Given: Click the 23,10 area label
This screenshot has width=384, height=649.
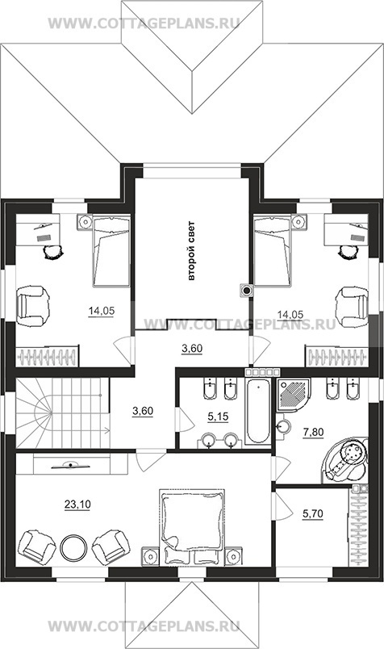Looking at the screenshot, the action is (x=77, y=505).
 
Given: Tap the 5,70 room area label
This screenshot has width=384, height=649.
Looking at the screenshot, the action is (x=313, y=513).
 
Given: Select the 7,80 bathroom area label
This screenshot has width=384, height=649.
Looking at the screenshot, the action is (x=313, y=432).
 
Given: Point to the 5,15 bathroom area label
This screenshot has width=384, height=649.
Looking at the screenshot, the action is (x=218, y=417).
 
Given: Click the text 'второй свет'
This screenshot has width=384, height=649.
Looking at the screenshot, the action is (x=190, y=252).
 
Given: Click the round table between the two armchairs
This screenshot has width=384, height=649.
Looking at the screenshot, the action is (x=73, y=547).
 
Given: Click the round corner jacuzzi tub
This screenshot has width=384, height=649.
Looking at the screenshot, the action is (x=345, y=459).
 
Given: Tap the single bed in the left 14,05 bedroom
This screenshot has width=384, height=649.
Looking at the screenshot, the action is (x=111, y=251).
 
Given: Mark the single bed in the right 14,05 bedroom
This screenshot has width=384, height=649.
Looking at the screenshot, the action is (x=273, y=251).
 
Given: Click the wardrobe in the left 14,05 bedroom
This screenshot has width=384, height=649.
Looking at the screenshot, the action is (x=47, y=356).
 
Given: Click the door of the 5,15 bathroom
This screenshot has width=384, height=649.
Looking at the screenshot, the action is (x=183, y=419).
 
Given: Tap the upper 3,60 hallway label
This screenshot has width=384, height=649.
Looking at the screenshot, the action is (x=192, y=349).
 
